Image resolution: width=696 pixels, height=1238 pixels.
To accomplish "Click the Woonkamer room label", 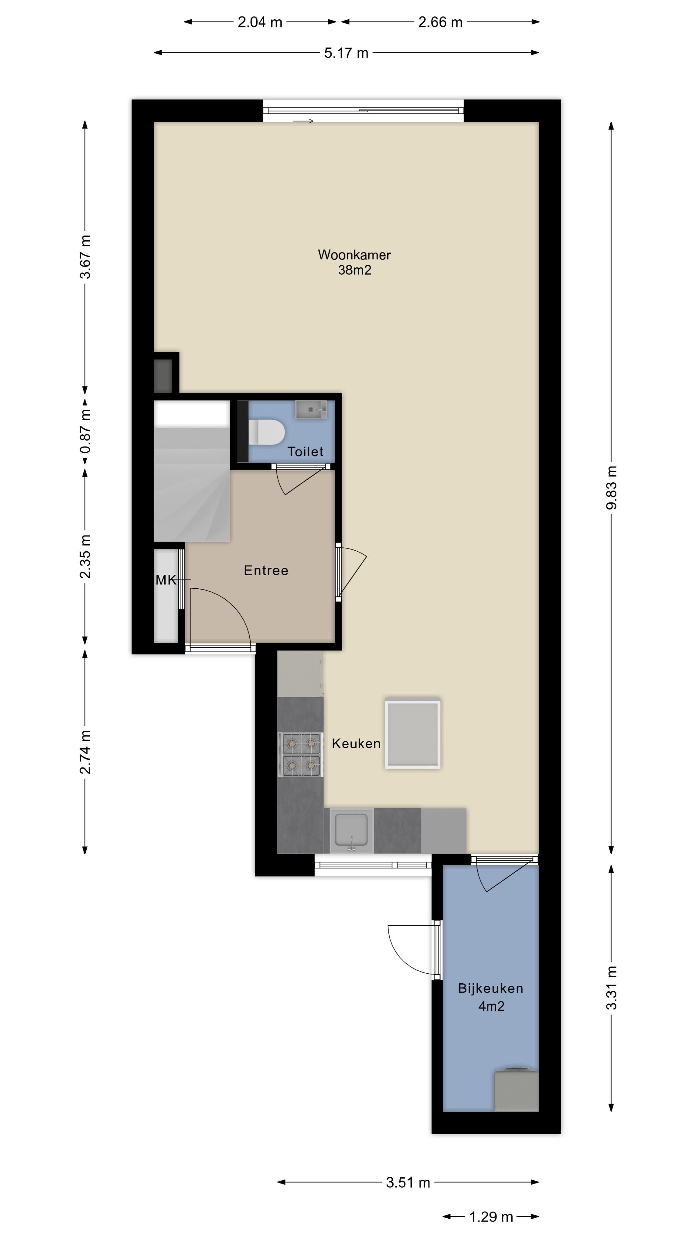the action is tap(354, 254).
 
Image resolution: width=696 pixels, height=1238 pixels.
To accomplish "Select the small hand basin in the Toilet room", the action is tap(310, 409).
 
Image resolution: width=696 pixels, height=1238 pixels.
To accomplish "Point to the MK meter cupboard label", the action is tap(166, 580).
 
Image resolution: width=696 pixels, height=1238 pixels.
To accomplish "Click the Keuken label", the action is tap(356, 743).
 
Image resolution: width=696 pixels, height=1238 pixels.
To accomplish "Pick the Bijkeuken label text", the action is tap(490, 988).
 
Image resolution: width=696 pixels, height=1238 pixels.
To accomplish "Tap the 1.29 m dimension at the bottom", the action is tap(491, 1217).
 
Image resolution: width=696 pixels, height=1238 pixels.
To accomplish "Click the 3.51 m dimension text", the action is tap(408, 1182).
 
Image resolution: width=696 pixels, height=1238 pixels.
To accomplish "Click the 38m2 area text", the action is tap(354, 270).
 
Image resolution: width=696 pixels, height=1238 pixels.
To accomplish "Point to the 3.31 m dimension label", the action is tap(611, 987).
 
